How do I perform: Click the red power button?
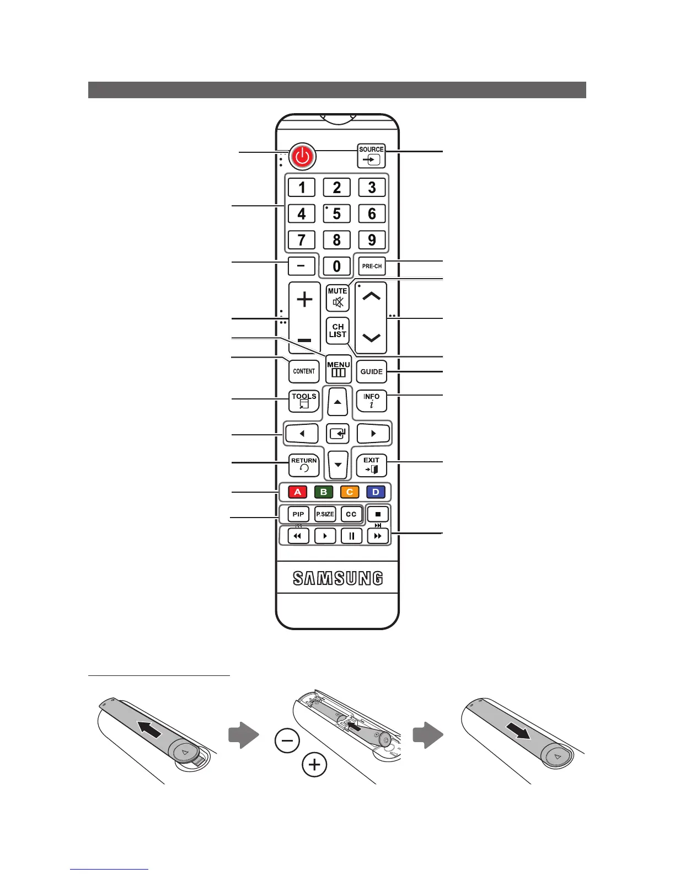(x=302, y=157)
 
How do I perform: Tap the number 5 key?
(x=336, y=214)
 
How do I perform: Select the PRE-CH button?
(x=372, y=266)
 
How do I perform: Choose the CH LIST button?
(x=337, y=331)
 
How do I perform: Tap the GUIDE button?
(x=372, y=371)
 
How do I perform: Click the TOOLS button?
(x=304, y=401)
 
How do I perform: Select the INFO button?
(x=372, y=401)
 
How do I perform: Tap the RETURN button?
(x=304, y=465)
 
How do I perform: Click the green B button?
(x=324, y=492)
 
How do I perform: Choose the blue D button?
(x=376, y=492)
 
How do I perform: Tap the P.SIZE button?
(x=325, y=514)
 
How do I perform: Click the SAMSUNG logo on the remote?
(x=337, y=578)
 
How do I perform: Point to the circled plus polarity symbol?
(x=314, y=765)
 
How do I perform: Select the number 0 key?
(x=336, y=267)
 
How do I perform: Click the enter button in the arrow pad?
(x=337, y=434)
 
